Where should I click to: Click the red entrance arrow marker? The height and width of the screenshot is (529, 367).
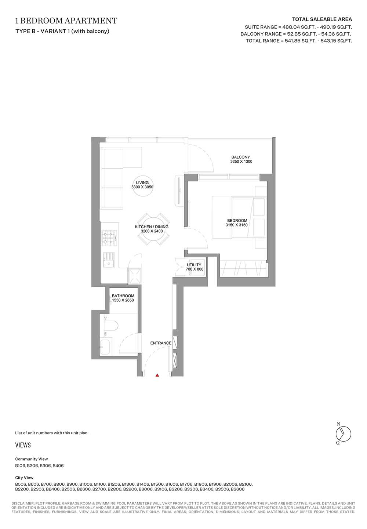click(x=157, y=375)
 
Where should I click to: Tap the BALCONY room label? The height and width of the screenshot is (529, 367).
click(x=240, y=157)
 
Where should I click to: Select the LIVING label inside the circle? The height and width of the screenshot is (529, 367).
click(x=142, y=182)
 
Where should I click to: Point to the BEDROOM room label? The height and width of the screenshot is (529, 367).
click(x=236, y=221)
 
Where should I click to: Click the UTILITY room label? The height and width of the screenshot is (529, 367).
click(x=194, y=265)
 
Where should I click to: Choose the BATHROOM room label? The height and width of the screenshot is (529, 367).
click(x=123, y=296)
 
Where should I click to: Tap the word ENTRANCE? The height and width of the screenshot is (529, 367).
click(x=161, y=343)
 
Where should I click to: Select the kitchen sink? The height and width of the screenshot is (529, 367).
click(x=109, y=260)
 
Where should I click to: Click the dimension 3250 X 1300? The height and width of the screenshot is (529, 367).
click(x=241, y=162)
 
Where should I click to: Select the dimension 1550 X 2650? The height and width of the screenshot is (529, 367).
click(x=123, y=300)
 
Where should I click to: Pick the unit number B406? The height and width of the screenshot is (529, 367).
click(x=58, y=466)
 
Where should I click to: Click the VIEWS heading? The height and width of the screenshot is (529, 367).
click(x=23, y=445)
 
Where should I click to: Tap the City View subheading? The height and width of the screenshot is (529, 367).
click(x=24, y=478)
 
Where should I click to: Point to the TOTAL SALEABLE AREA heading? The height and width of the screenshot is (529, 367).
click(x=322, y=19)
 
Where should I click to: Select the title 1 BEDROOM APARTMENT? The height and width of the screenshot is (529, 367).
click(x=66, y=21)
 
